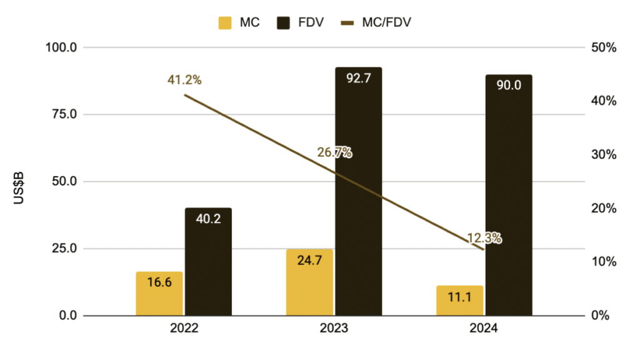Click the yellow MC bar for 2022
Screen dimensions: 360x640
tap(159, 293)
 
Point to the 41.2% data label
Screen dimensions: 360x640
tap(184, 80)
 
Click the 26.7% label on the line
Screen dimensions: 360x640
tap(334, 152)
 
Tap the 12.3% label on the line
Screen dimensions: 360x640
tap(484, 238)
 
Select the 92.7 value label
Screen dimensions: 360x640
tap(358, 78)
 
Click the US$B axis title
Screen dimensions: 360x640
tap(18, 182)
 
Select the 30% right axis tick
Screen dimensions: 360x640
tap(605, 154)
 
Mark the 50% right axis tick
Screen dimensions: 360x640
tap(605, 47)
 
